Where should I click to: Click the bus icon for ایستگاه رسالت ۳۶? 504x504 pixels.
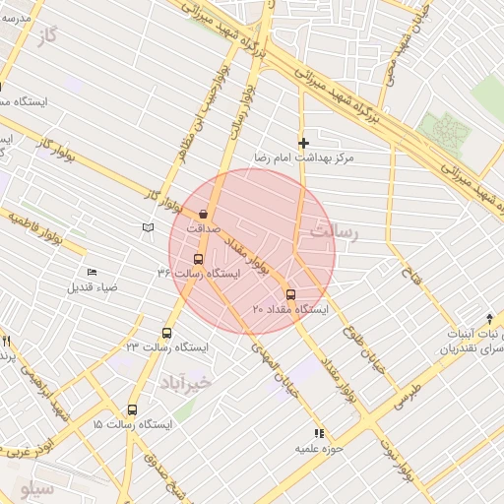[198, 259]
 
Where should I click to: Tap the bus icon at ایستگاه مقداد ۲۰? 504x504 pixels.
[289, 294]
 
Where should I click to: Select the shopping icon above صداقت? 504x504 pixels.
[204, 213]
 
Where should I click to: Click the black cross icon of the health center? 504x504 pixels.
[303, 144]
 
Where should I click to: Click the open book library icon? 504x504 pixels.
[148, 227]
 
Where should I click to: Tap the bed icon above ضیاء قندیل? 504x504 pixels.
[93, 273]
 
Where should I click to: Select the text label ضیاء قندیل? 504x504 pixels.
[93, 288]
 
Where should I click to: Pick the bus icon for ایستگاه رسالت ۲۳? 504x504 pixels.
[165, 333]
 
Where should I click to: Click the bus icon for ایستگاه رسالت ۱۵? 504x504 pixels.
[132, 409]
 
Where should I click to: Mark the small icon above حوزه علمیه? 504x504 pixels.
[318, 433]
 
